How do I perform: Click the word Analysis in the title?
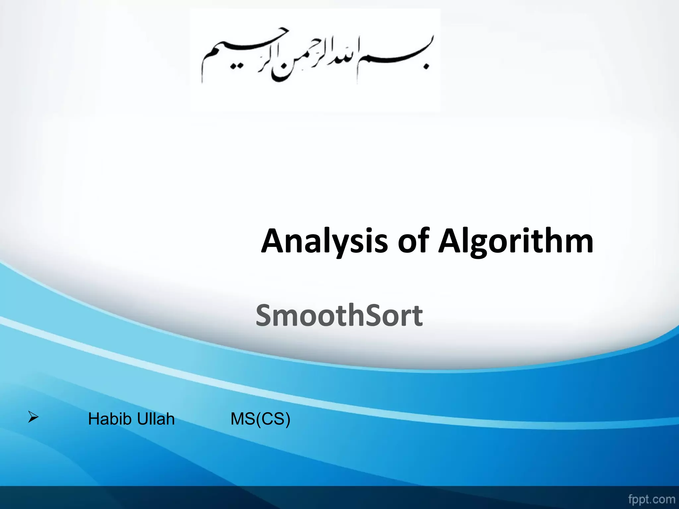[x=324, y=241]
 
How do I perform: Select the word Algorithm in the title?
[x=516, y=241]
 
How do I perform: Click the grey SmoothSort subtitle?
[x=339, y=315]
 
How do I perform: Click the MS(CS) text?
[x=260, y=419]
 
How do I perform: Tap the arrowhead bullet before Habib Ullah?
[x=33, y=417]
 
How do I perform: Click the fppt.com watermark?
[x=651, y=499]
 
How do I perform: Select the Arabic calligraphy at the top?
[x=315, y=58]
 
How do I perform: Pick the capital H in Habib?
[x=93, y=419]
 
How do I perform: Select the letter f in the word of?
[x=423, y=239]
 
